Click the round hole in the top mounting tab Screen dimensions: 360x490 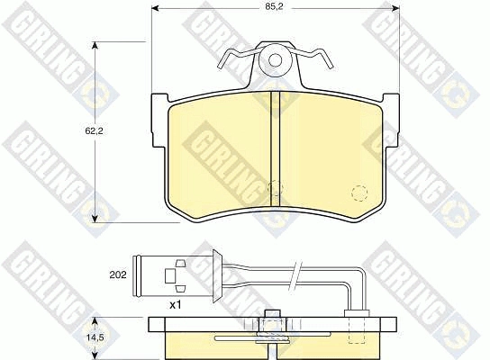click(x=276, y=62)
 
